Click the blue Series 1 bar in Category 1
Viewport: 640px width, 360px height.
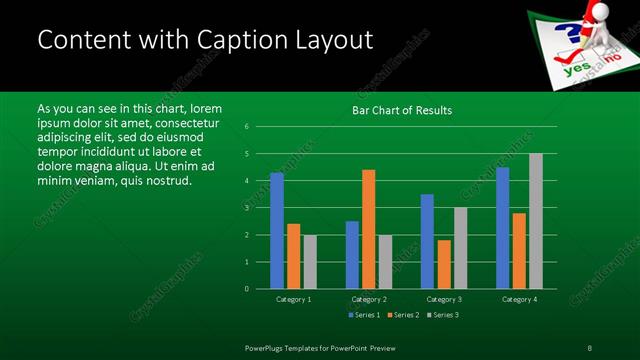point(277,230)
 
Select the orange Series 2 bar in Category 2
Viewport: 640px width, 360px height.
point(369,229)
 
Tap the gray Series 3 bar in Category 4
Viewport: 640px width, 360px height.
point(536,221)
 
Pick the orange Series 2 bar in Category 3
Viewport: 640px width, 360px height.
point(444,264)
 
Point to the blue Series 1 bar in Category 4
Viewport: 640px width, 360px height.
point(503,227)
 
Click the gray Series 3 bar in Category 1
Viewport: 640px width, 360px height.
point(310,261)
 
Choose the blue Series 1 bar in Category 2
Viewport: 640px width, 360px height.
point(352,254)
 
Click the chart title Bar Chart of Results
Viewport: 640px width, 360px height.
point(402,110)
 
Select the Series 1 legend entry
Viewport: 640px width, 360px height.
point(362,315)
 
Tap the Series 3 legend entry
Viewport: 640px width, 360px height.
point(442,315)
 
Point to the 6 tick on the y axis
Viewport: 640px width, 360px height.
point(247,127)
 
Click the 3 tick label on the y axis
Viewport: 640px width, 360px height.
point(247,208)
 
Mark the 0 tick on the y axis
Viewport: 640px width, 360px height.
point(247,289)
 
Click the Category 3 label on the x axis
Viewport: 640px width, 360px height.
point(443,299)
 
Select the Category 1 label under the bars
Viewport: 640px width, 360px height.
point(293,299)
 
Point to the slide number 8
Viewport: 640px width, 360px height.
point(590,347)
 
